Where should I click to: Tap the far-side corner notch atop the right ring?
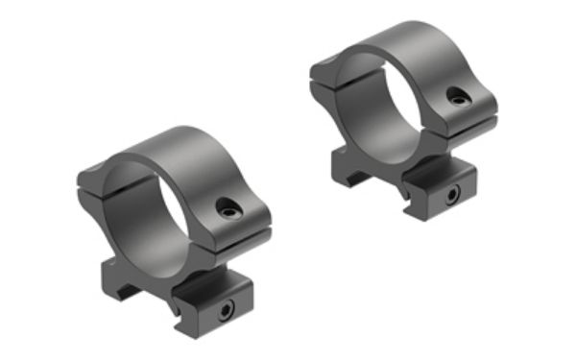click(x=323, y=66)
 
